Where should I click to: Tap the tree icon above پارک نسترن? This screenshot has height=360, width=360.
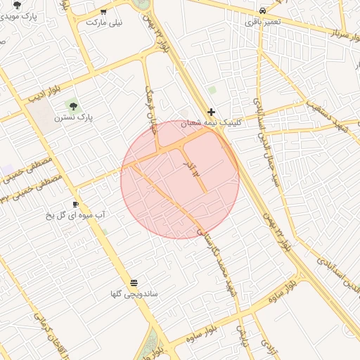point(73,106)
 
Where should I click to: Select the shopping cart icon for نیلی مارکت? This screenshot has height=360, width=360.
point(104,11)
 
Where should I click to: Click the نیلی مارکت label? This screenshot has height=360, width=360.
point(103,22)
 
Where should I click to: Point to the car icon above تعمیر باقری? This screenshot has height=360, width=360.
point(262,11)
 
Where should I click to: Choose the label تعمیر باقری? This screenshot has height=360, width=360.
point(262,22)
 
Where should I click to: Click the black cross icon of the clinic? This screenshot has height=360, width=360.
point(211,112)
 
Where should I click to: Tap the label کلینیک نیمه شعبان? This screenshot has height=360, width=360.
point(212,122)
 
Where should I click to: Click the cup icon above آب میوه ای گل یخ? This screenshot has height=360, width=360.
point(75,204)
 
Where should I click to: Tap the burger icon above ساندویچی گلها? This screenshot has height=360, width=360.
point(134,282)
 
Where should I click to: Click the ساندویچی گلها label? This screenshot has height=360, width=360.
point(133,292)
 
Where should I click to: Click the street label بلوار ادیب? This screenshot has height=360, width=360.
point(44,94)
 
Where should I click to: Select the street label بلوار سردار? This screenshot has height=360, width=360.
point(336,28)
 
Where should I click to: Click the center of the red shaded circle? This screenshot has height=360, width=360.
point(180,179)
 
